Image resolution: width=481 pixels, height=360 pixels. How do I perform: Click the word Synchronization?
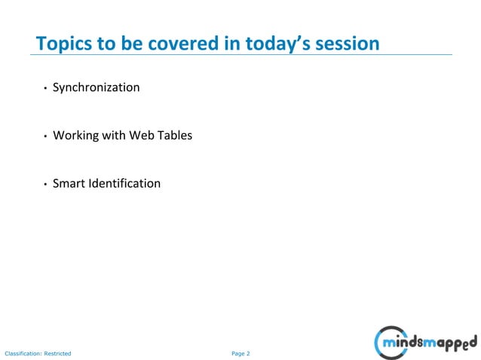pyautogui.click(x=96, y=87)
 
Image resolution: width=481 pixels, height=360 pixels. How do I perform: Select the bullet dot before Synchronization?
pyautogui.click(x=45, y=89)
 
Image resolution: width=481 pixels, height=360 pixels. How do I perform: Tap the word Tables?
pyautogui.click(x=175, y=136)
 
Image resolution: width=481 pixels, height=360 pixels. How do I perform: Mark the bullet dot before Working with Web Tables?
pyautogui.click(x=45, y=137)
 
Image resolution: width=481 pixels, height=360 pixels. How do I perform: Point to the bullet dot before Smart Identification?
pyautogui.click(x=45, y=185)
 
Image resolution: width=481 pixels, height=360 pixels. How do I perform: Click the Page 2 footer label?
pyautogui.click(x=240, y=352)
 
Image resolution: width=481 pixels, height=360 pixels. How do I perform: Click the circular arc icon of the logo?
pyautogui.click(x=382, y=343)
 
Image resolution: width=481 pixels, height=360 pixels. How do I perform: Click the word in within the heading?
pyautogui.click(x=232, y=44)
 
